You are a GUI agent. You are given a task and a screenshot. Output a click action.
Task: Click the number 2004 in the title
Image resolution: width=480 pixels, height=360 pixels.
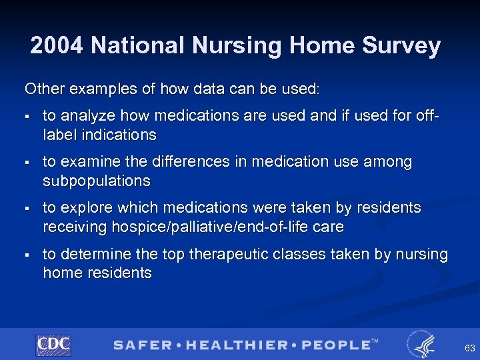click(x=57, y=45)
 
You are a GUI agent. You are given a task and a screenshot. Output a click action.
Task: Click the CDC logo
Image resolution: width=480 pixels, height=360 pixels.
click(x=53, y=345)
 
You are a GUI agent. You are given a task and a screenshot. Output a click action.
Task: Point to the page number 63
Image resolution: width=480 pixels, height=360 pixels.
click(x=469, y=348)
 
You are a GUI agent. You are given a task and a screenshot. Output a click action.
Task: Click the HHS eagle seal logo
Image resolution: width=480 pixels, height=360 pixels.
click(x=421, y=344)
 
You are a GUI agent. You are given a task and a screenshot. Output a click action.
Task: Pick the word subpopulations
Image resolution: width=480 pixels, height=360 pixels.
click(x=97, y=181)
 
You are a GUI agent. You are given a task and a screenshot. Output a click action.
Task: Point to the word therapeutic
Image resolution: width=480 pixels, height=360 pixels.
click(x=258, y=254)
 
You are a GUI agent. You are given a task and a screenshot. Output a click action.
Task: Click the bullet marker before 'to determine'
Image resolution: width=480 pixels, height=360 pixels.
click(x=27, y=255)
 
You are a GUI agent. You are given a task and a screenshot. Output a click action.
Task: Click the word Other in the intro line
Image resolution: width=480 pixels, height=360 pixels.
click(x=42, y=88)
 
